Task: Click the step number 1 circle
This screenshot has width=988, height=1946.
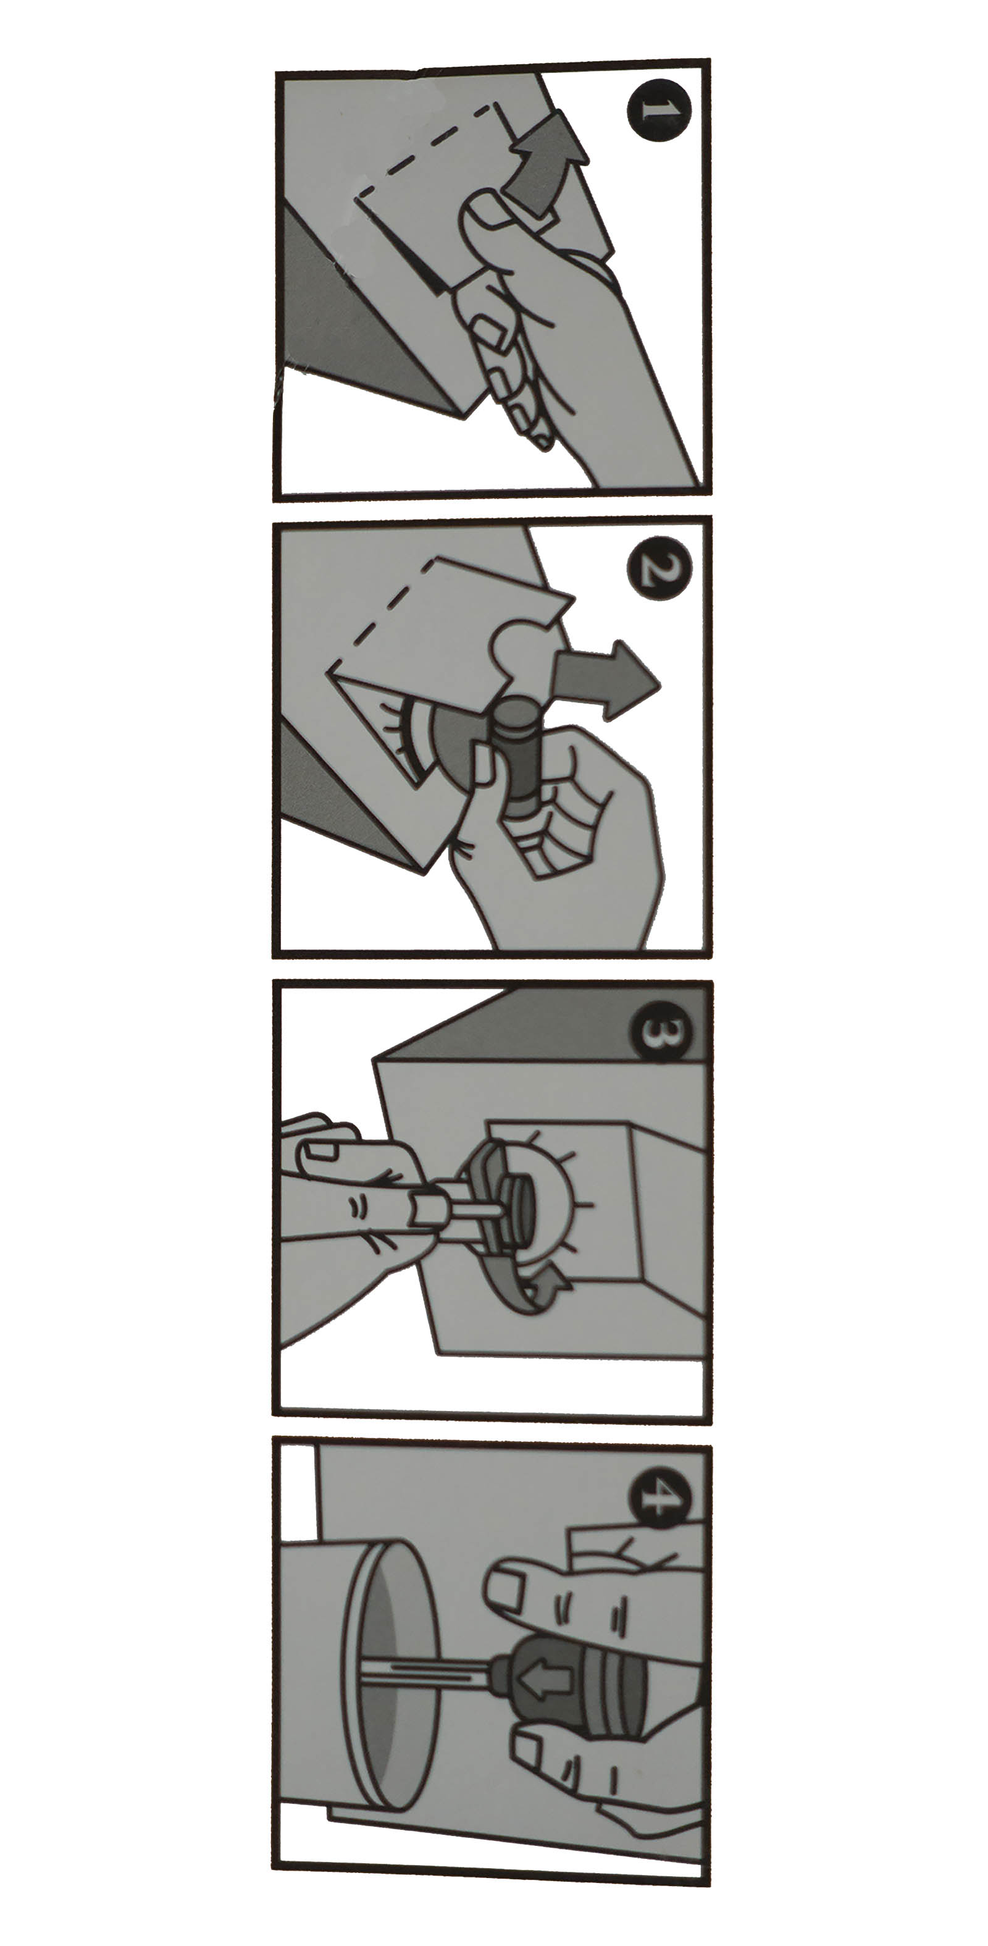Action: [659, 111]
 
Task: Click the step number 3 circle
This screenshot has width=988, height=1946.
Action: [660, 1032]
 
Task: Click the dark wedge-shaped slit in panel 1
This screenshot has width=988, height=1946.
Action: [419, 261]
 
